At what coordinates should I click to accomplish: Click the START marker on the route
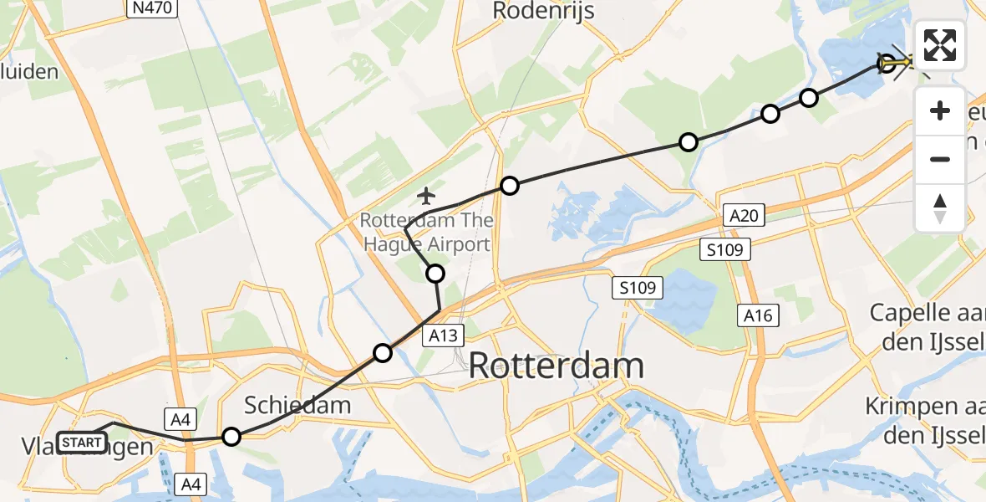pyautogui.click(x=82, y=442)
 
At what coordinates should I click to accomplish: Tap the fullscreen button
pyautogui.click(x=940, y=45)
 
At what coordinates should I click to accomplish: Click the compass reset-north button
pyautogui.click(x=940, y=208)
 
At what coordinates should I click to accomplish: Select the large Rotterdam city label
pyautogui.click(x=557, y=366)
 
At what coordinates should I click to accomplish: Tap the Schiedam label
pyautogui.click(x=297, y=406)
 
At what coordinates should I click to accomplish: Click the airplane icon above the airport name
pyautogui.click(x=426, y=197)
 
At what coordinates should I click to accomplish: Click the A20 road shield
pyautogui.click(x=743, y=217)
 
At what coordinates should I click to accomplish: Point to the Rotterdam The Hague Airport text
pyautogui.click(x=426, y=233)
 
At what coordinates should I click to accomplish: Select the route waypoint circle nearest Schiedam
pyautogui.click(x=231, y=437)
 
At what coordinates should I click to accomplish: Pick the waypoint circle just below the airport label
pyautogui.click(x=435, y=274)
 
